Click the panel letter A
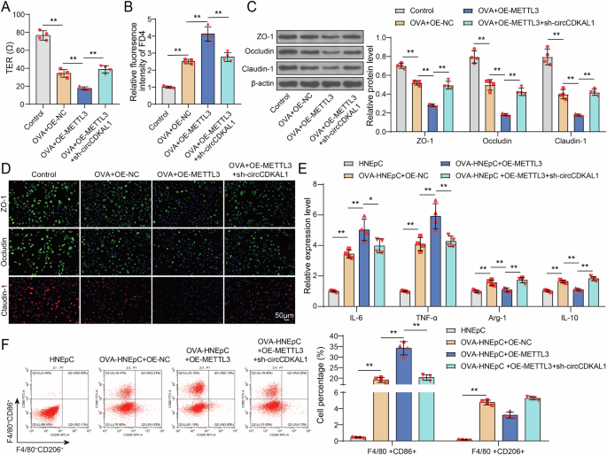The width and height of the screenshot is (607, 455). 6,8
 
